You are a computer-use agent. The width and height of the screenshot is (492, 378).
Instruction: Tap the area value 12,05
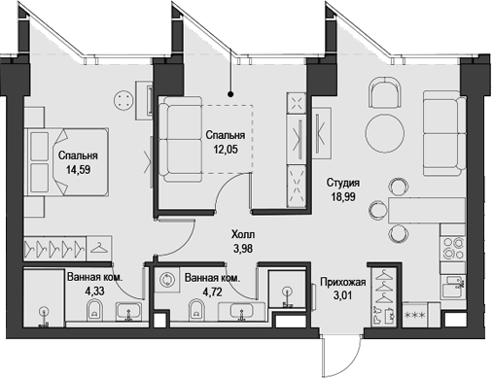(x=224, y=151)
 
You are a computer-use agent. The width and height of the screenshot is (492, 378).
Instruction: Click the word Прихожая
(x=342, y=283)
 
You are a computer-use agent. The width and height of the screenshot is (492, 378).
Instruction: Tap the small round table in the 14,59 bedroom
(x=123, y=101)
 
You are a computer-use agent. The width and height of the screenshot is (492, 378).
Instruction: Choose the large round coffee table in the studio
(x=385, y=133)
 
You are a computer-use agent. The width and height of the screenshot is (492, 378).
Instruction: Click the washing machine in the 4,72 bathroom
(x=169, y=279)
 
